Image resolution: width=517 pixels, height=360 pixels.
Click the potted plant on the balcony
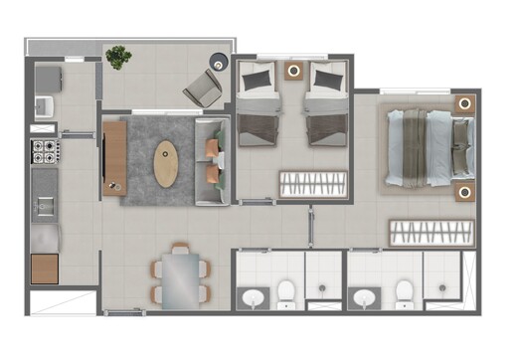tap(119, 57)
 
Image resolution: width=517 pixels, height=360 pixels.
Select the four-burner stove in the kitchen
tap(45, 152)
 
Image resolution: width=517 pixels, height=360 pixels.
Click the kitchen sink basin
tap(45, 206)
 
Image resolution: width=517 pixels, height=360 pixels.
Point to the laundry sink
tap(44, 104)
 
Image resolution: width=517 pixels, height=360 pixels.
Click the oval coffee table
tap(166, 163)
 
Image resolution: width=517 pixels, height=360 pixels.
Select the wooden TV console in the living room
tap(113, 157)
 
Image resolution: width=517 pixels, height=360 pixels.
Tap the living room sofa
tap(213, 162)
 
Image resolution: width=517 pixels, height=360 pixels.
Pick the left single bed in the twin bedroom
tap(259, 104)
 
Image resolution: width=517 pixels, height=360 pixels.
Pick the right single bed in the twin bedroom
tap(327, 104)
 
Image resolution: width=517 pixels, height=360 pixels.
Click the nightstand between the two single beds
tap(294, 71)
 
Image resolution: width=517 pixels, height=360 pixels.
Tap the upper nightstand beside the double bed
tap(463, 103)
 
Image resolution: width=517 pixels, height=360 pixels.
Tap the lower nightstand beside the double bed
tap(463, 191)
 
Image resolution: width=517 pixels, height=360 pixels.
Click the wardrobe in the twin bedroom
tap(311, 183)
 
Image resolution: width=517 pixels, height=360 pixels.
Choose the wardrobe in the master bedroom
tap(430, 233)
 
